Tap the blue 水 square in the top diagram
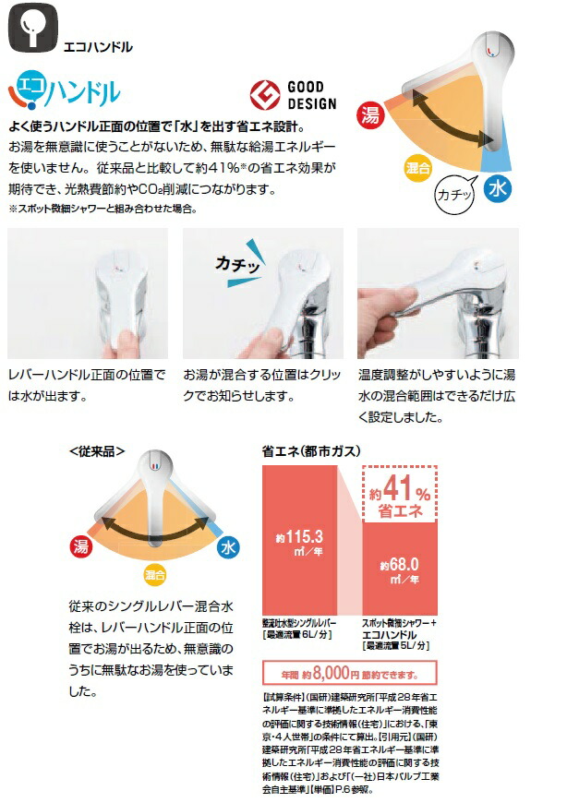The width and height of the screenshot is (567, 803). point(498,191)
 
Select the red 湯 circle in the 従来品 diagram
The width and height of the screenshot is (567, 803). point(79,546)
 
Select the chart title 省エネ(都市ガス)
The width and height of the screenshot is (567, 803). point(311,451)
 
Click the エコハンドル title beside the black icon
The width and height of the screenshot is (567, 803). point(99,44)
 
